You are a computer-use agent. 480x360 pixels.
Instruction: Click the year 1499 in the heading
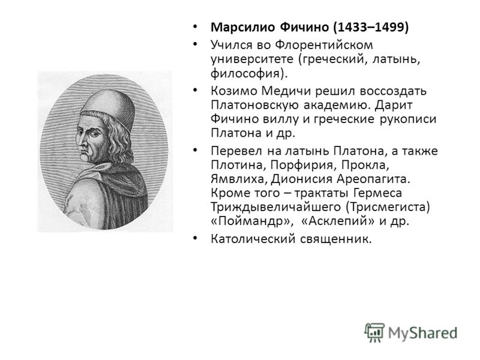(x=389, y=27)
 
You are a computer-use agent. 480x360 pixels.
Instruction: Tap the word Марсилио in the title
(x=243, y=28)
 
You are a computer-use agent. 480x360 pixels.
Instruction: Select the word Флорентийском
(x=324, y=45)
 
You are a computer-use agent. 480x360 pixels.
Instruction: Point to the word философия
(x=245, y=74)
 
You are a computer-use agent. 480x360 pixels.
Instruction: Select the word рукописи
(x=408, y=119)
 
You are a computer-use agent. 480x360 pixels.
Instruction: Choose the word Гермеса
(x=377, y=193)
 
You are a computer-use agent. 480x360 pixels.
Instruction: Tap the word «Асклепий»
(x=338, y=221)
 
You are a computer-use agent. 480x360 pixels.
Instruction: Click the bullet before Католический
(x=195, y=238)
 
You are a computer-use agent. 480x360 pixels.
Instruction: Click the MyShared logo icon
(x=374, y=332)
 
